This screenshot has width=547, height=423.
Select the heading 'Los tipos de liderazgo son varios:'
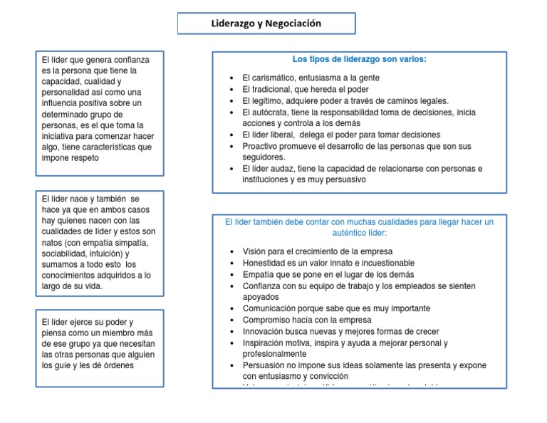point(360,59)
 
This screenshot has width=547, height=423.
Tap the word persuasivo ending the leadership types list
point(344,180)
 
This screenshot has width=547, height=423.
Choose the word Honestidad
point(267,263)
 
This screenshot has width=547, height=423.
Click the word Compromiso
point(267,320)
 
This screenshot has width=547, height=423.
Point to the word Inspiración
point(266,343)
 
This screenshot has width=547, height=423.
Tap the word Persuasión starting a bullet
point(266,365)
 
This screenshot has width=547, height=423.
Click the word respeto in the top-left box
point(84,158)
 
